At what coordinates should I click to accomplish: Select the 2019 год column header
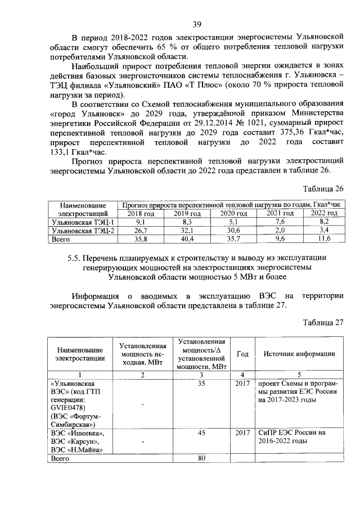click(187, 214)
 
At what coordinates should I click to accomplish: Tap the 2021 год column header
click(280, 214)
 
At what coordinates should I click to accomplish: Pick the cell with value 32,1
click(187, 231)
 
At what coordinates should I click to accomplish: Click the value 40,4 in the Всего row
click(187, 239)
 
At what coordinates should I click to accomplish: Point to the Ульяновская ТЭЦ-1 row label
click(82, 222)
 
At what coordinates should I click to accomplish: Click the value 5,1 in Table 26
click(233, 222)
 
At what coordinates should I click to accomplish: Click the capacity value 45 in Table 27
click(201, 433)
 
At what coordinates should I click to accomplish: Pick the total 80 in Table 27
click(201, 458)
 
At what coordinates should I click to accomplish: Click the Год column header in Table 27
click(243, 354)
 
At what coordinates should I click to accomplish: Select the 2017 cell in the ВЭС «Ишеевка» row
click(243, 433)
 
